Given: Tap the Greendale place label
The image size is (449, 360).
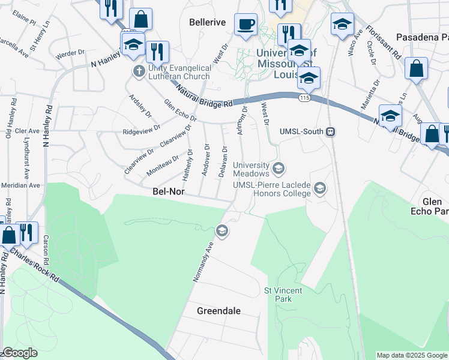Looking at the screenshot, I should [x=219, y=311].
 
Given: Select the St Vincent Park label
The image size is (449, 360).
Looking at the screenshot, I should [x=283, y=295].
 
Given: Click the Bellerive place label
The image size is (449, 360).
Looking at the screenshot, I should [x=207, y=22].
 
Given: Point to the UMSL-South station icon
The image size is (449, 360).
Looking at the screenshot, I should [x=330, y=131].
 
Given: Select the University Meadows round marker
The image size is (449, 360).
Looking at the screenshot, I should [x=277, y=167].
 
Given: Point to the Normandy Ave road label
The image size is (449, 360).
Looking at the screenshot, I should [x=203, y=262].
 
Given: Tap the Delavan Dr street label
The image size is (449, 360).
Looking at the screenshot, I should [x=223, y=161].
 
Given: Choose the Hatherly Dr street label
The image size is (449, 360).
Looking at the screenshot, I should [x=187, y=165].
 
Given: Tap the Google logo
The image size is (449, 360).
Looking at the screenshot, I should [x=19, y=353].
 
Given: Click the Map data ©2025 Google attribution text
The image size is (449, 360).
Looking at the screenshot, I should [x=411, y=355].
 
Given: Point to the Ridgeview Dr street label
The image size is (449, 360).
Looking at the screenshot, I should [x=141, y=128].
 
